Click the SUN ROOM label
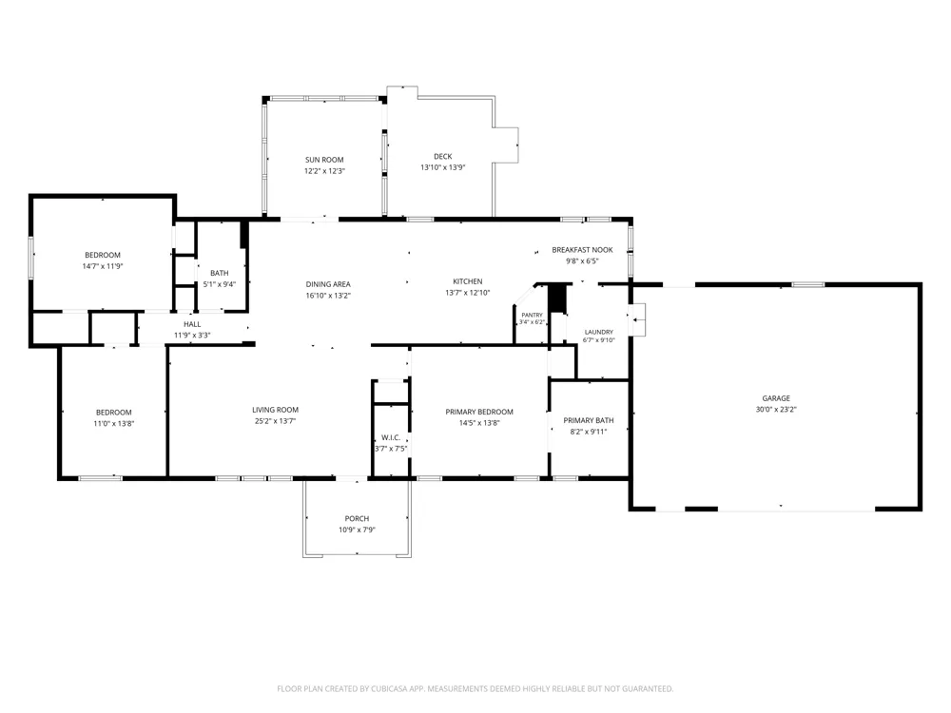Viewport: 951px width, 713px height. point(324,160)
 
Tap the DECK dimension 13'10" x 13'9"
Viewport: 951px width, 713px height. point(443,167)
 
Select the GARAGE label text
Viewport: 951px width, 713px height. point(776,398)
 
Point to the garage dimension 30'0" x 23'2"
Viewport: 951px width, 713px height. point(776,409)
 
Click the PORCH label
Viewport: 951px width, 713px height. point(357,518)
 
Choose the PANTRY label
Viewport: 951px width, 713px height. point(532,316)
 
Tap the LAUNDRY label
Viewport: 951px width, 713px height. point(598,332)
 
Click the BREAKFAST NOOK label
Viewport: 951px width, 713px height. point(582,250)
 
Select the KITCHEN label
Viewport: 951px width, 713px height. point(468,281)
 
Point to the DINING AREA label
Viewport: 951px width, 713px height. point(328,284)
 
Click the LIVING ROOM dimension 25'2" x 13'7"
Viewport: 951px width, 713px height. point(276,421)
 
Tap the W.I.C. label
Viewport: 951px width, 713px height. point(391,437)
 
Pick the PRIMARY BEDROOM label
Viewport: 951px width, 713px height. point(479,412)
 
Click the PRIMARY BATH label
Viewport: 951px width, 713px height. point(589,420)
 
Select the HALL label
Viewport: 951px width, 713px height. point(192,324)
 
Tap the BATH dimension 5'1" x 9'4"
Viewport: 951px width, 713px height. point(220,283)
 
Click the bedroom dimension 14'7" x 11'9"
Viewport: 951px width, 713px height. point(103,266)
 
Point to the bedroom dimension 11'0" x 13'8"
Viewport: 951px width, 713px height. point(113,424)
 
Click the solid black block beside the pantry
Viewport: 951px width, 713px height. point(556,299)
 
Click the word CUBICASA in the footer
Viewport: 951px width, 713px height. point(396,688)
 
